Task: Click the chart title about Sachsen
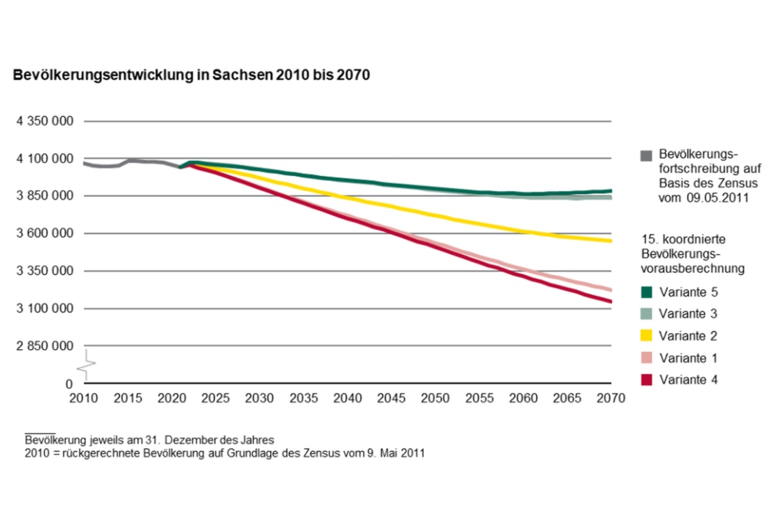[x=190, y=75]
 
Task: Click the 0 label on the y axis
[x=70, y=384]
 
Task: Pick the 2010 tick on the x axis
[x=85, y=399]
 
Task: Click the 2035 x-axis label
[x=304, y=399]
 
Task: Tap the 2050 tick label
[x=436, y=399]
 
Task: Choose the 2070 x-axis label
[x=610, y=399]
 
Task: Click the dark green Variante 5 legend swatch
[x=645, y=292]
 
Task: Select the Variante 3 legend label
[x=688, y=314]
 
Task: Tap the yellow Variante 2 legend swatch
[x=645, y=335]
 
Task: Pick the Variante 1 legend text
[x=688, y=358]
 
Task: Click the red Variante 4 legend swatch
[x=645, y=379]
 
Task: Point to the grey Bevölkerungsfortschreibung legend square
[x=645, y=155]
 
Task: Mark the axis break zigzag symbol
[x=86, y=365]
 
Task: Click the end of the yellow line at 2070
[x=609, y=241]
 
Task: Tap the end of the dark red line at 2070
[x=609, y=301]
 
